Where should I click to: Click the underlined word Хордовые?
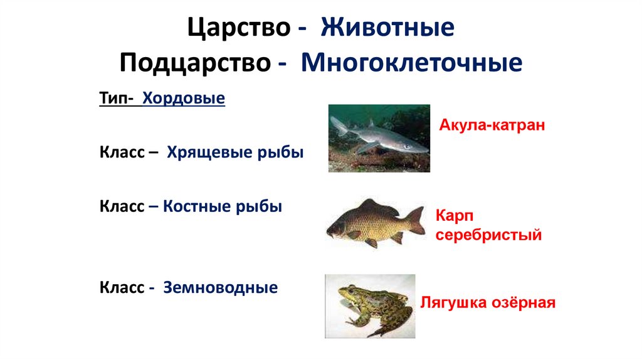(x=183, y=99)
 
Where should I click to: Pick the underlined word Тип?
(x=113, y=99)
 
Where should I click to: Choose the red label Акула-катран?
(x=492, y=125)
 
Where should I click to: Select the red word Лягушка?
(x=453, y=303)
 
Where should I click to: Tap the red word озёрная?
(x=525, y=303)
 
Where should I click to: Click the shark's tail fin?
(x=339, y=125)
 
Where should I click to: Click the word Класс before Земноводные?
(x=122, y=288)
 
